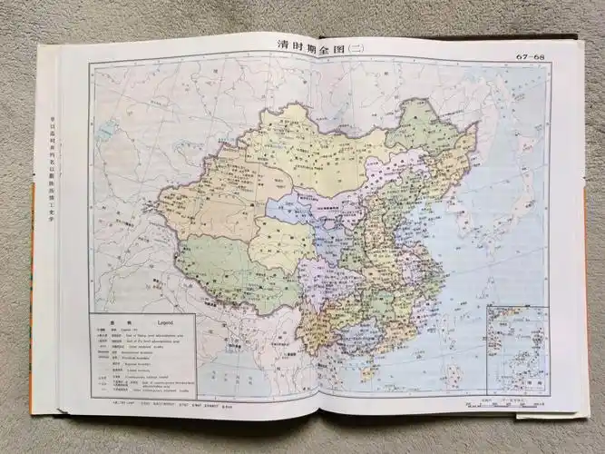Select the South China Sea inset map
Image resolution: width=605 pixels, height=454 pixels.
517,350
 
